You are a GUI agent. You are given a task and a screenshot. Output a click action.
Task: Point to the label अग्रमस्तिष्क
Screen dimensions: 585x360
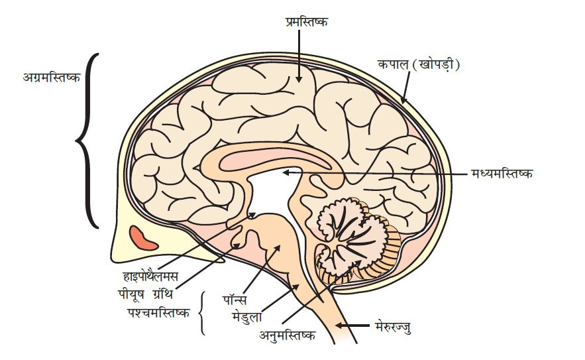tap(50, 78)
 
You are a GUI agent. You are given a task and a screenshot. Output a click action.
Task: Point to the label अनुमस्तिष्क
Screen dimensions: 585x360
tap(286, 335)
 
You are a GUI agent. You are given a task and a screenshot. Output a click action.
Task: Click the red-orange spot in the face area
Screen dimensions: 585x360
tap(142, 238)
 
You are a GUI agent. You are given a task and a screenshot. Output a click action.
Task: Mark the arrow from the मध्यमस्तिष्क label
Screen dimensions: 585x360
tap(378, 173)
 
